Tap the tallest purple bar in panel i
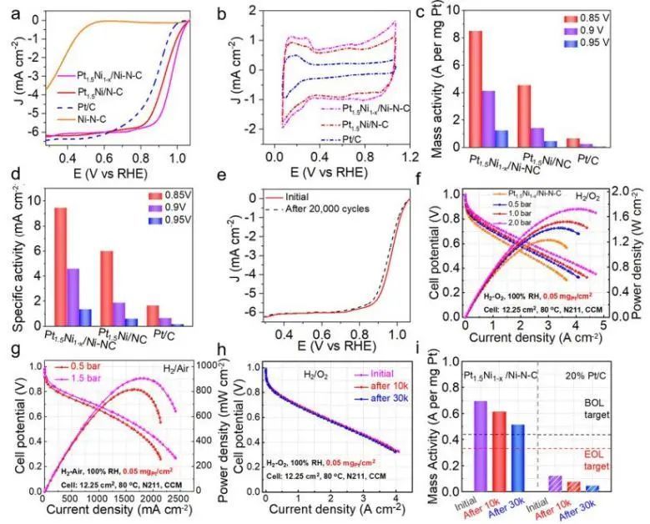click(x=479, y=450)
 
